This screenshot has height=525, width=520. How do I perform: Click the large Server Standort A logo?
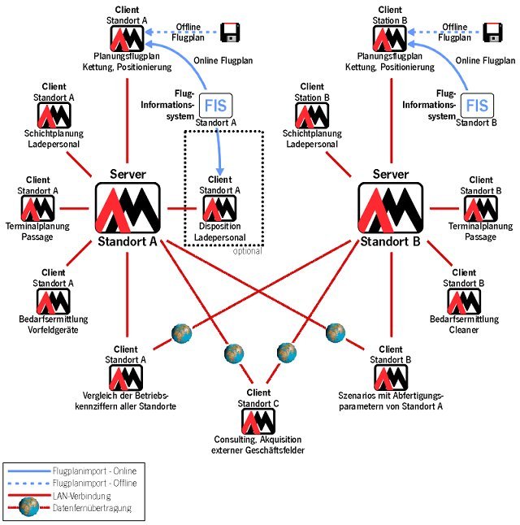128,208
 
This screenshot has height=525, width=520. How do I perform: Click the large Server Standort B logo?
392,208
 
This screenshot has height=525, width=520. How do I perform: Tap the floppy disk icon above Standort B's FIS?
492,32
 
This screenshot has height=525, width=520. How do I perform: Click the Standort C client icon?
258,420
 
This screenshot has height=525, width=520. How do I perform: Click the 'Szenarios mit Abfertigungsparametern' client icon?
389,376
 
